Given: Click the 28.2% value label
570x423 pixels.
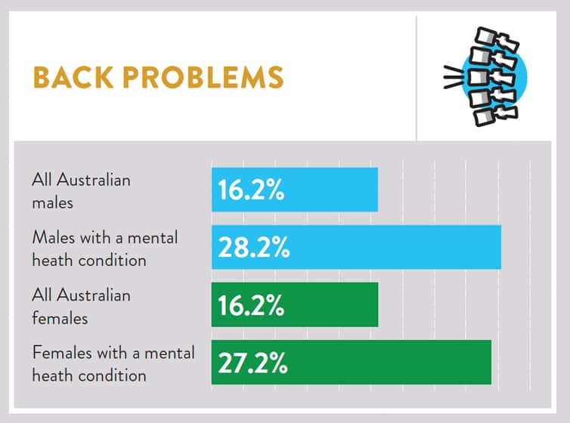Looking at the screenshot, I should coord(254,248).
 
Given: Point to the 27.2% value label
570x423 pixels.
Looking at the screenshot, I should coord(253,363).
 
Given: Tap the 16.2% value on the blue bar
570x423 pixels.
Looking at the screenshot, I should coord(251,190).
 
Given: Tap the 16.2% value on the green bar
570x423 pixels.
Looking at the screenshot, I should coord(251,306).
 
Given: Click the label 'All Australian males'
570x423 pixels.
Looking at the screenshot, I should coord(81,191).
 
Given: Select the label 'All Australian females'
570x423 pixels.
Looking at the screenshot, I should coord(81,307).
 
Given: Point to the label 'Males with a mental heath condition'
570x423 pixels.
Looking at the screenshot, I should coord(104,249).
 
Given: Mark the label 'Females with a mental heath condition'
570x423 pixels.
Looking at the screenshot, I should coord(113,363).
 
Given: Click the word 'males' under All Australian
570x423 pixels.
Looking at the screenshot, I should coord(51,202).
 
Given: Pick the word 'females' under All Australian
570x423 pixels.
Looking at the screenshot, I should coord(60,318).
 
